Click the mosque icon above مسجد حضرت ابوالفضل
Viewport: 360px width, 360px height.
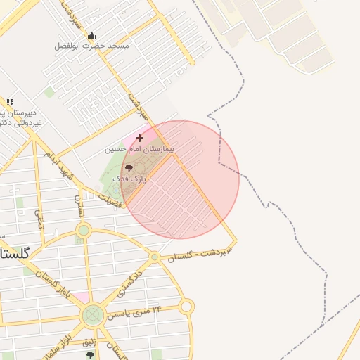[91, 36]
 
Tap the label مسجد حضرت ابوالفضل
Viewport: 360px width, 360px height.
[92, 46]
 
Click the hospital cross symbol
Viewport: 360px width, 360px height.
[139, 138]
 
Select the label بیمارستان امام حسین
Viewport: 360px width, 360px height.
[139, 149]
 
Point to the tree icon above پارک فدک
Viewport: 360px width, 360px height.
[128, 167]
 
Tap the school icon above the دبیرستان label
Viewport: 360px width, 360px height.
[10, 102]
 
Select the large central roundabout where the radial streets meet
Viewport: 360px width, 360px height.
[92, 315]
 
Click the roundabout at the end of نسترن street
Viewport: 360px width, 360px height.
[84, 230]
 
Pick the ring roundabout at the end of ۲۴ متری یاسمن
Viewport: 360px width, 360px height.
[186, 307]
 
